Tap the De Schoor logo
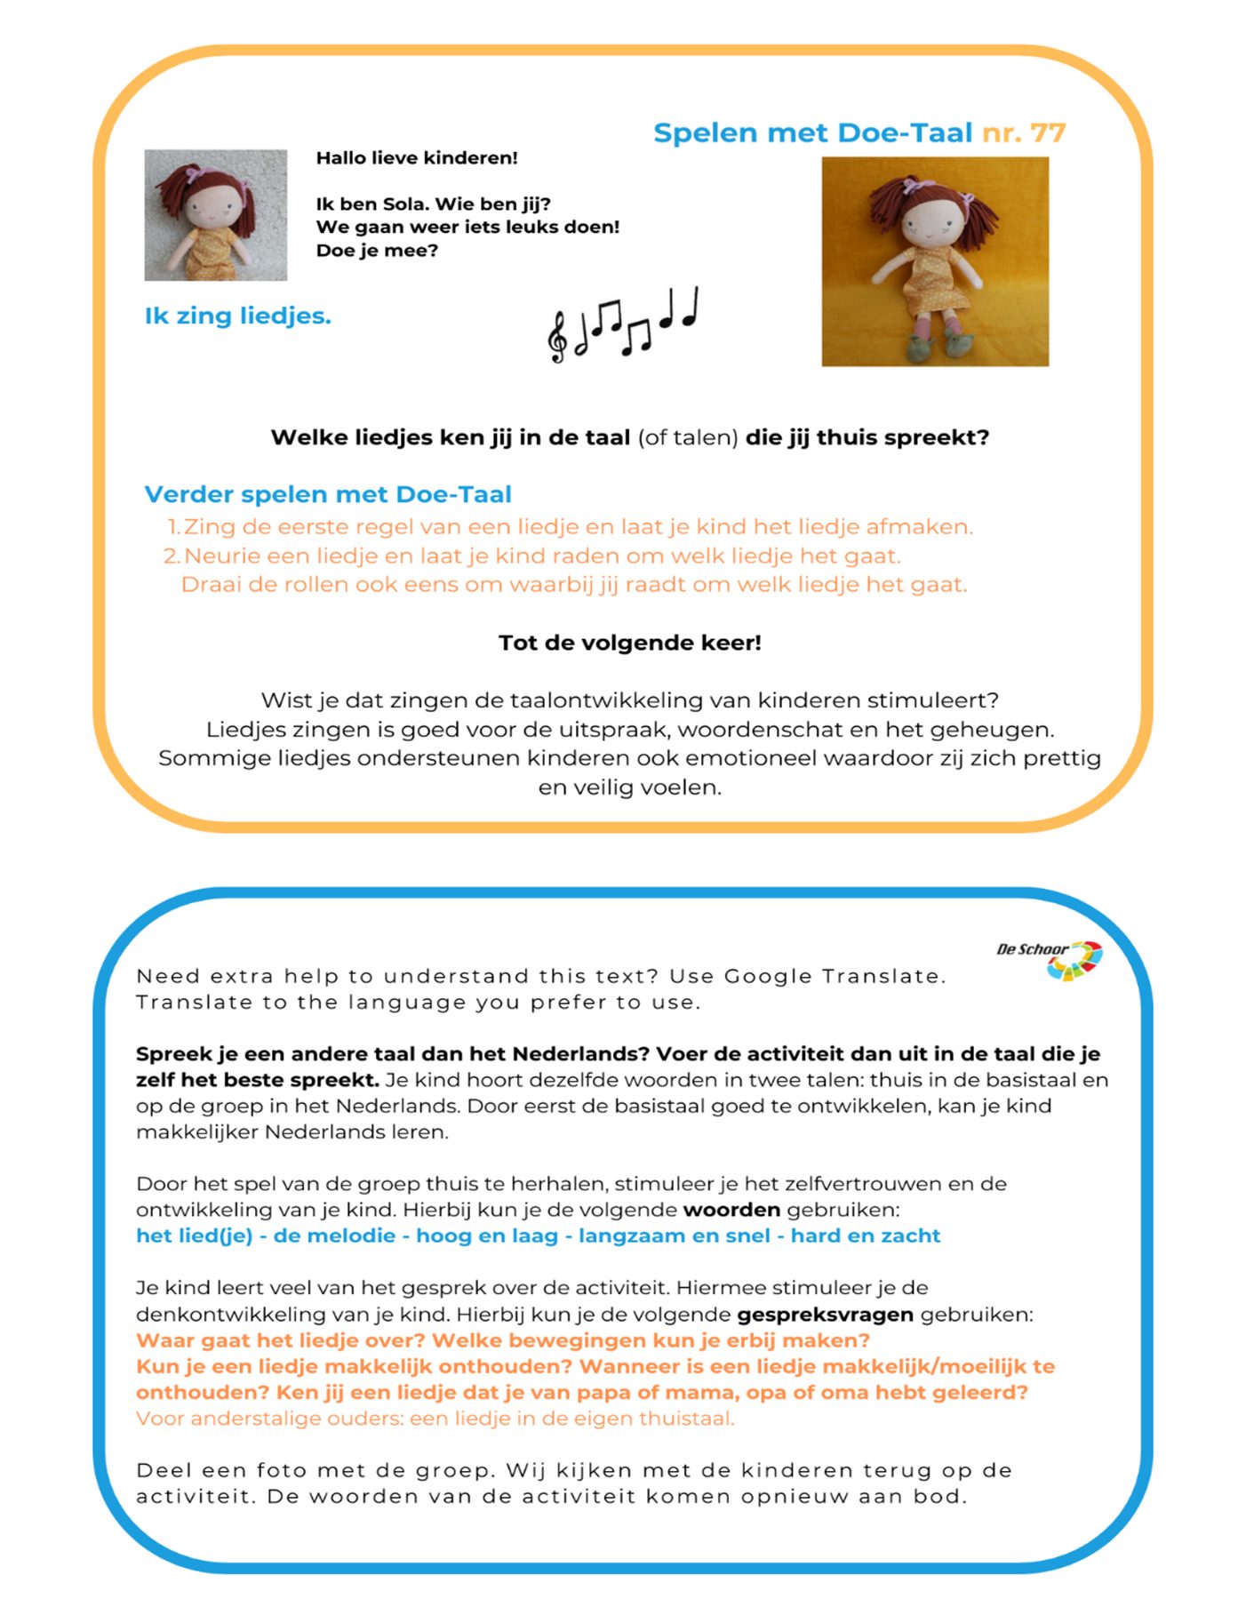[1051, 959]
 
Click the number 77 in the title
[1048, 133]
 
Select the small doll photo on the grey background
[216, 215]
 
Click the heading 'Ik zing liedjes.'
[237, 316]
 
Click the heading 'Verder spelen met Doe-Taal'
[328, 494]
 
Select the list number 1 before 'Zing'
[173, 527]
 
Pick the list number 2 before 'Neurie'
[171, 556]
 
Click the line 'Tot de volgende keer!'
[629, 643]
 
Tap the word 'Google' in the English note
[768, 976]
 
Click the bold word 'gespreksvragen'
[825, 1314]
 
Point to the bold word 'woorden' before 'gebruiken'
[731, 1210]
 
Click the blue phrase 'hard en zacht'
[865, 1235]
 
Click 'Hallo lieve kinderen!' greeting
[417, 158]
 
